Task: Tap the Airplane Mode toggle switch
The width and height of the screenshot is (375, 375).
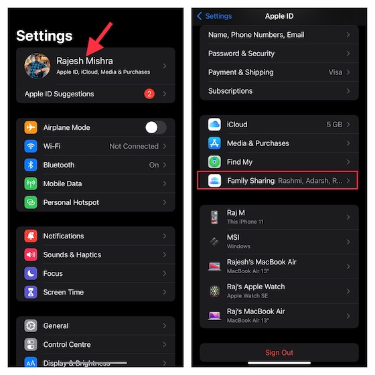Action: point(156,127)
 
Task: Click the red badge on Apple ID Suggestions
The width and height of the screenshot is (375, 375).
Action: point(149,94)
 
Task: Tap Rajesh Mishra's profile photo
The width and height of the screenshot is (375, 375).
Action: point(37,66)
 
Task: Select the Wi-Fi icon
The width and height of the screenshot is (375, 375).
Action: point(31,146)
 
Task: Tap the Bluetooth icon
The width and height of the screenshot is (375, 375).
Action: point(31,165)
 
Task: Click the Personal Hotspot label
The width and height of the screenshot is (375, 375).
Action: point(71,202)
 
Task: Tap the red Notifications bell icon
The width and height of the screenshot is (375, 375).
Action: point(31,236)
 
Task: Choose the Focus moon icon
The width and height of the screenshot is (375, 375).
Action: point(31,273)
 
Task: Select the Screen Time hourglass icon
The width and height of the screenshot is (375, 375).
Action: point(31,292)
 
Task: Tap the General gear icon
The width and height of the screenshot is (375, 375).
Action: point(31,325)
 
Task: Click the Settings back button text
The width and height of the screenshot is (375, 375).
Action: point(218,15)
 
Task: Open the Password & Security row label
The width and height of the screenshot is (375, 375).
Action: point(242,53)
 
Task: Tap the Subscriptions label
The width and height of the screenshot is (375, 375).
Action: point(230,90)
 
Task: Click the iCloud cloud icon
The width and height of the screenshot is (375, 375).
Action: point(214,125)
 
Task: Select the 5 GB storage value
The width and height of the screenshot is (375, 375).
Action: point(333,125)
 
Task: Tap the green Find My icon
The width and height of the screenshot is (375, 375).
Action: point(214,162)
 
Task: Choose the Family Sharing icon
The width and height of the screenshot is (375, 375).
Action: point(214,181)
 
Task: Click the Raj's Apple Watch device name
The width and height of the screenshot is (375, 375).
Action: point(256,287)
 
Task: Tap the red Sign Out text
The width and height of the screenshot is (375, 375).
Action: point(279,353)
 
